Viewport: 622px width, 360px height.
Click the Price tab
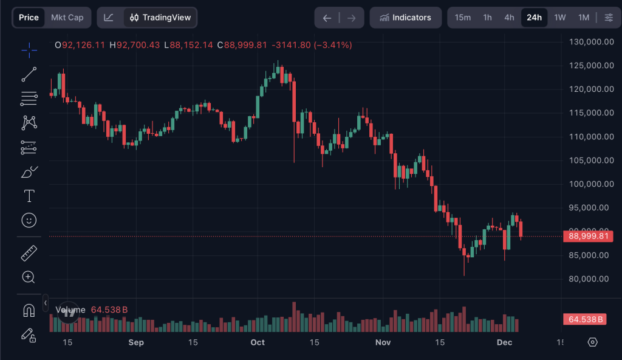(29, 18)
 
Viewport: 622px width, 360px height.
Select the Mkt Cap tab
(67, 18)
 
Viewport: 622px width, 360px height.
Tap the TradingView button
(160, 18)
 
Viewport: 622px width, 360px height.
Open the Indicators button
(405, 18)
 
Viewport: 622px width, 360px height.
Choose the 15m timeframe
(463, 18)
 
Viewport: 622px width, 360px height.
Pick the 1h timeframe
(487, 18)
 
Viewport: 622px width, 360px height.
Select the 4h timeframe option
(509, 18)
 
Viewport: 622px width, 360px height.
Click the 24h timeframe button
(534, 18)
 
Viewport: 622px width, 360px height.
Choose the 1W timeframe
(560, 18)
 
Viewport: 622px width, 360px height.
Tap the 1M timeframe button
(584, 18)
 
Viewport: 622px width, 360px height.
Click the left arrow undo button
(327, 18)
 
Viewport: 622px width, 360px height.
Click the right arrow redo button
(351, 18)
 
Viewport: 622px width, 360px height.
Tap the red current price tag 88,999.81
(587, 237)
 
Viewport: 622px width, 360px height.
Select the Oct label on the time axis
(258, 342)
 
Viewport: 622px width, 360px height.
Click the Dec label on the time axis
(505, 342)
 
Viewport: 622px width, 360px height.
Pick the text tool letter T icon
(29, 196)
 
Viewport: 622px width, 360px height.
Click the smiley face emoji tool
(29, 220)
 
